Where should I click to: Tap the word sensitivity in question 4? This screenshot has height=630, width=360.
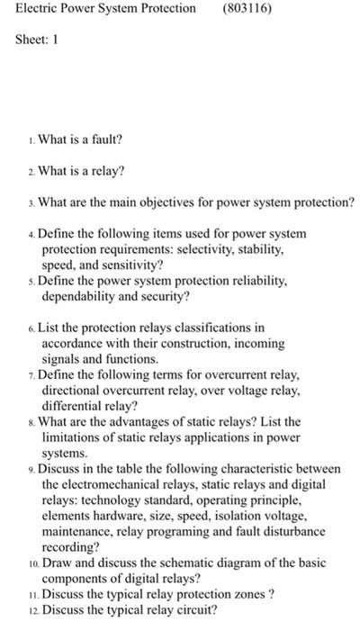tap(129, 265)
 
